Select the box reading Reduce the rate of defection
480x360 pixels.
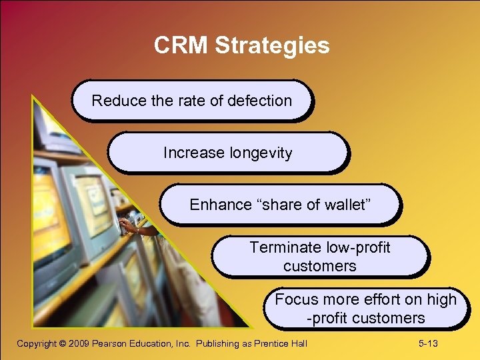(x=192, y=101)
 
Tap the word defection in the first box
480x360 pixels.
(x=259, y=101)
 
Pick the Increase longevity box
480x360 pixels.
(x=227, y=153)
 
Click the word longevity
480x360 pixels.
(x=261, y=153)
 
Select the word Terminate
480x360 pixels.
(x=285, y=248)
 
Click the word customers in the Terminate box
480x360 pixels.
(x=319, y=266)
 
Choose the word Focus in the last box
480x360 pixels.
(x=297, y=300)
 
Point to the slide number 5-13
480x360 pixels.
(x=427, y=343)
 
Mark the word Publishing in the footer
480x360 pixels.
(x=218, y=344)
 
